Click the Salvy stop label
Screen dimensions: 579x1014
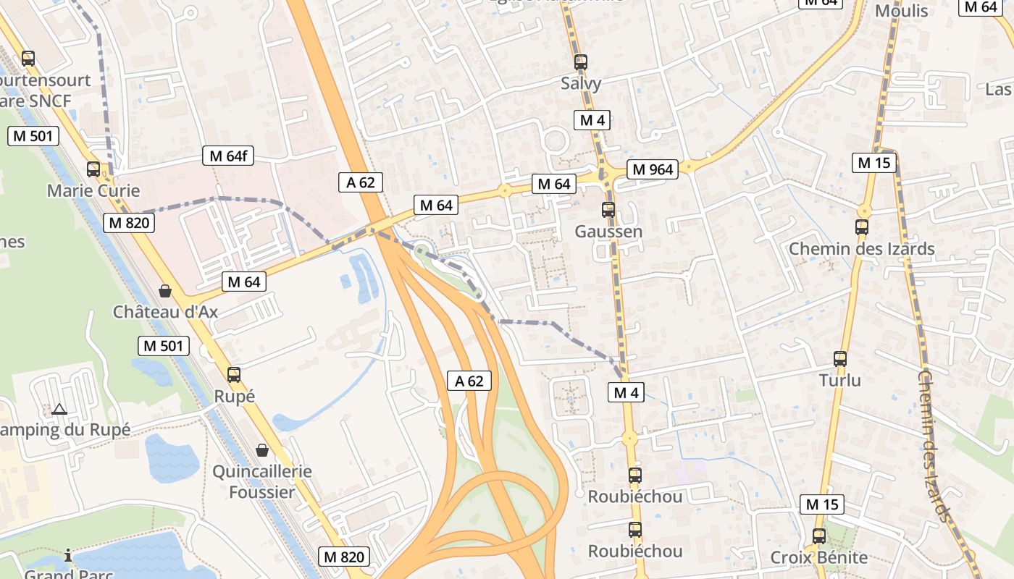[x=581, y=83]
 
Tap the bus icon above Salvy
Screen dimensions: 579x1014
[x=580, y=62]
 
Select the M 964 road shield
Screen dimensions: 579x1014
[x=653, y=170]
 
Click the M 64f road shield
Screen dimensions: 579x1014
[x=227, y=156]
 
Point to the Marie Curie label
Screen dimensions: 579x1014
[x=93, y=191]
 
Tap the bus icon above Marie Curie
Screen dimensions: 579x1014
[x=93, y=169]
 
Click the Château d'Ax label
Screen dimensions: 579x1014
[x=165, y=312]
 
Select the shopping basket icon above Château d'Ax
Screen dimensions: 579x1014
[x=165, y=291]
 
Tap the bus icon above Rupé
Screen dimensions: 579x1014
[x=233, y=375]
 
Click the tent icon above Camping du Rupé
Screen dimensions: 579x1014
[x=59, y=409]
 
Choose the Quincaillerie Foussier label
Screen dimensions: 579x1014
[x=262, y=482]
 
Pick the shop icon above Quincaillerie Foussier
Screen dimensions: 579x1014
[x=262, y=450]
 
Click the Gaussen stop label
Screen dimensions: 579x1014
[x=608, y=232]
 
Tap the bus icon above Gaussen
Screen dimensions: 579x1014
[x=608, y=210]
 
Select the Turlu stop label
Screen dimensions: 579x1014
[x=840, y=380]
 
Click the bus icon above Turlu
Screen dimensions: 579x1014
[x=840, y=358]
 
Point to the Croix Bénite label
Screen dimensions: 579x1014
[x=819, y=557]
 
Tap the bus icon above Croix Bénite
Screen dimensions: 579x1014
[x=819, y=536]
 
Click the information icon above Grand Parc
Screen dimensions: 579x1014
[x=68, y=556]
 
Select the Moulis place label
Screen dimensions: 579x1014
[x=901, y=11]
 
